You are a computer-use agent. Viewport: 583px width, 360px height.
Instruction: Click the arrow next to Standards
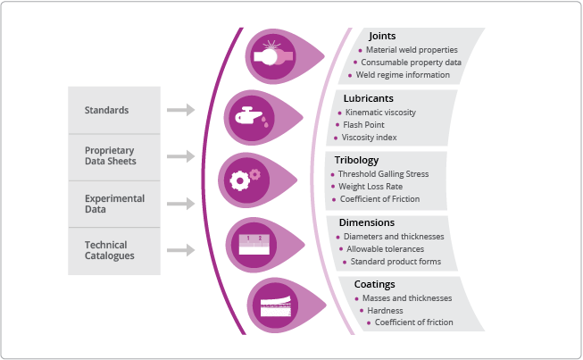tap(180, 110)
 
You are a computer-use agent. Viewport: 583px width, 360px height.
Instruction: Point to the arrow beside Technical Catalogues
tap(180, 250)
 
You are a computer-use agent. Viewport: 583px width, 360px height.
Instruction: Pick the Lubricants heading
tap(369, 97)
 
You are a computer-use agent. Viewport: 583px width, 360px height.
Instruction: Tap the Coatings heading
tap(375, 284)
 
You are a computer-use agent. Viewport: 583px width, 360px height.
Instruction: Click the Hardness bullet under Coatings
tap(385, 310)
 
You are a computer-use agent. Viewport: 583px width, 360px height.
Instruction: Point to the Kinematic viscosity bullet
tap(380, 113)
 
